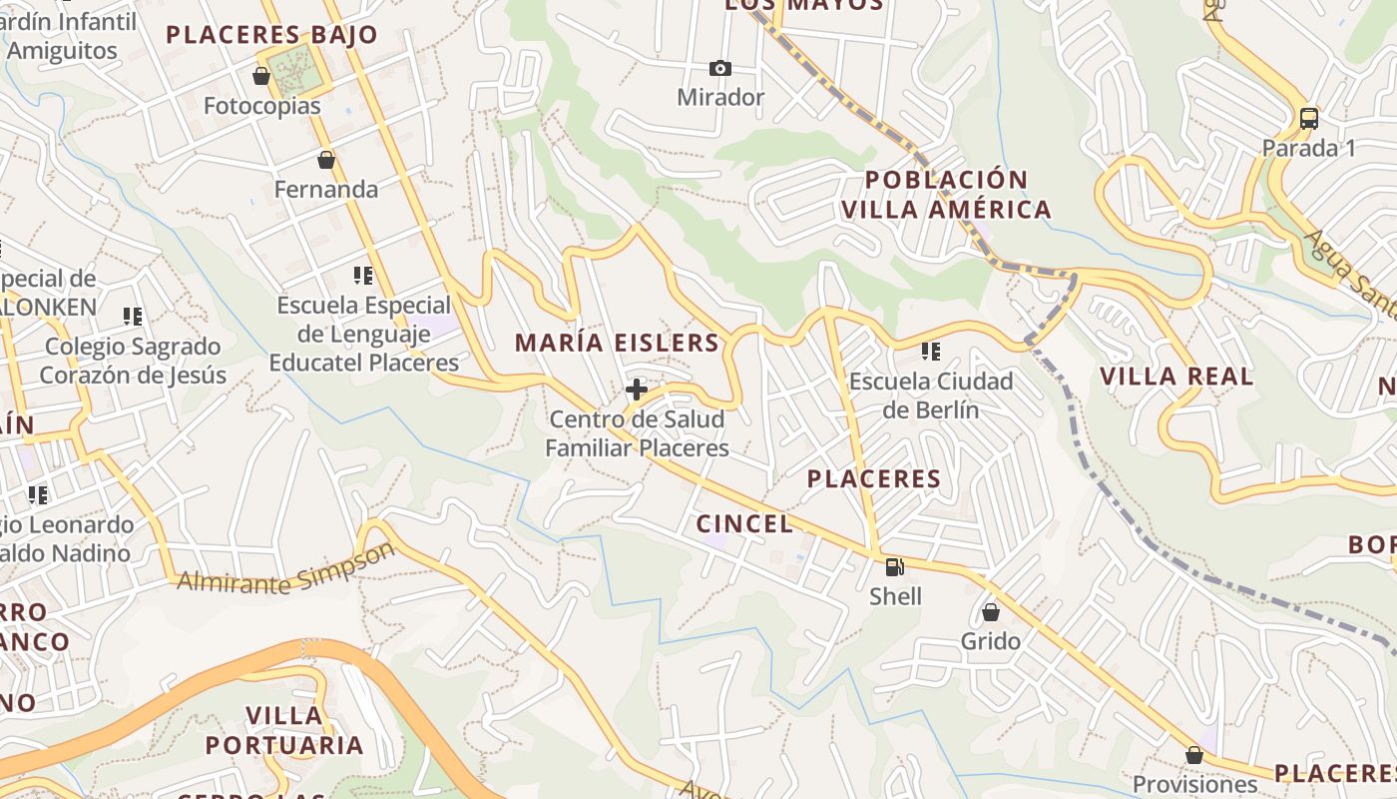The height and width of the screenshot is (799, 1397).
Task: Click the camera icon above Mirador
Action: pos(719,68)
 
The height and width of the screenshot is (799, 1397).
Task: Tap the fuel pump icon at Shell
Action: pos(895,567)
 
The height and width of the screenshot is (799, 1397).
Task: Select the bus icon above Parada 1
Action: pos(1309,118)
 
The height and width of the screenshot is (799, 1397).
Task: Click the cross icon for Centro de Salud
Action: pos(637,390)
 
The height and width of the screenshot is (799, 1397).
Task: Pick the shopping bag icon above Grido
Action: pos(991,612)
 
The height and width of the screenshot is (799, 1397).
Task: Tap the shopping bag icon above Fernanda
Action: pos(326,160)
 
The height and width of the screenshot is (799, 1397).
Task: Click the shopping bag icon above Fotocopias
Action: pos(261,76)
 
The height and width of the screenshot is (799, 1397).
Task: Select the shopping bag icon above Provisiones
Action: pos(1194,755)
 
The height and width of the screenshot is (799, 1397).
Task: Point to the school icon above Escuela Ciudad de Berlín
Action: pos(931,352)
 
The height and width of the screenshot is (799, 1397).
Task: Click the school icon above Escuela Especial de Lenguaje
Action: pos(363,276)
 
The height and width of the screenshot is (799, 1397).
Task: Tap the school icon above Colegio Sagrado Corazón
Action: pos(133,317)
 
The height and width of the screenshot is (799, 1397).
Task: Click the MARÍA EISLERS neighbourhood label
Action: pos(617,343)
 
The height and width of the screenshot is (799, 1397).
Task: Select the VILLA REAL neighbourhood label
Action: pos(1176,377)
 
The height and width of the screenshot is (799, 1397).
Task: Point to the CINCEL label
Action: pos(744,523)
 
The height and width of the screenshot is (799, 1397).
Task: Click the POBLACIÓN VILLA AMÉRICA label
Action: pos(946,195)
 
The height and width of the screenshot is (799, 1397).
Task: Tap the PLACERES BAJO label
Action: pos(271,35)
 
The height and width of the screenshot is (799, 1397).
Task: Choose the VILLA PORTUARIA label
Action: pos(284,730)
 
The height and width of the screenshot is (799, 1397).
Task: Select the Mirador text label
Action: pos(720,98)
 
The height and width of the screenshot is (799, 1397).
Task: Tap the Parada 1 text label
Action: pos(1309,149)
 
